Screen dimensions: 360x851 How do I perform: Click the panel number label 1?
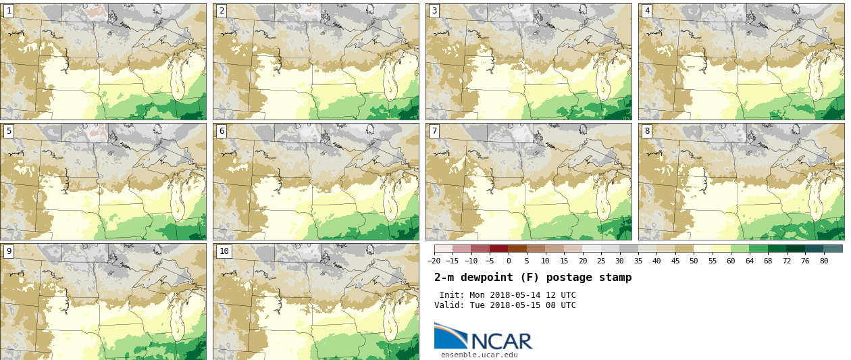click(x=9, y=11)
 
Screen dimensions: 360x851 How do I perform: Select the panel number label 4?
click(x=647, y=11)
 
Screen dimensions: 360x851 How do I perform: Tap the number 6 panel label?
click(x=222, y=131)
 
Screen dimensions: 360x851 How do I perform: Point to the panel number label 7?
click(x=434, y=131)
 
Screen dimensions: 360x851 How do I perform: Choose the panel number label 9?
click(x=9, y=251)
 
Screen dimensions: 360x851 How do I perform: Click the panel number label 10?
click(x=224, y=251)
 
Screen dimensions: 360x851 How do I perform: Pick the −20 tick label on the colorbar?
click(x=434, y=261)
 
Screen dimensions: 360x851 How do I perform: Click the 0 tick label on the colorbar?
click(x=509, y=261)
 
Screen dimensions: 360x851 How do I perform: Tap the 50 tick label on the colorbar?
click(x=694, y=261)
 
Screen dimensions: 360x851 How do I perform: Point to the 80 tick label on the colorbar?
click(x=824, y=261)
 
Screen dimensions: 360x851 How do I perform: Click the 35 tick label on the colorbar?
click(x=638, y=261)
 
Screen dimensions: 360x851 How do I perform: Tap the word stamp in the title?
click(x=615, y=278)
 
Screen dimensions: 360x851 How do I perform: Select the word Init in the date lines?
click(x=451, y=295)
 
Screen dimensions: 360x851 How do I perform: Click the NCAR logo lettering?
click(x=501, y=341)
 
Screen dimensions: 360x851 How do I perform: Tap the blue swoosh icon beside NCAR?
click(x=450, y=336)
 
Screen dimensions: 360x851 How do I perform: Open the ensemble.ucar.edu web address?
click(x=479, y=355)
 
